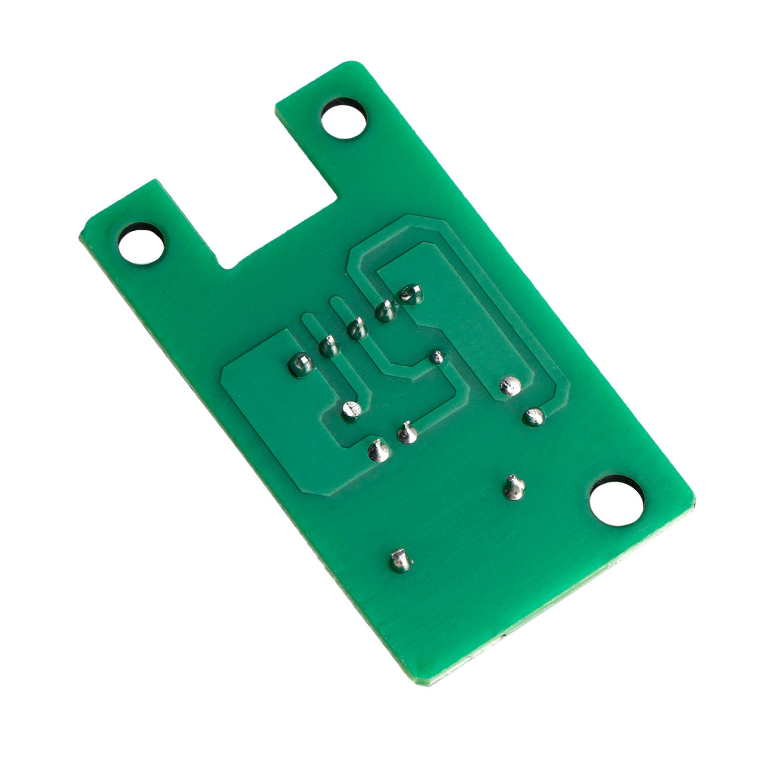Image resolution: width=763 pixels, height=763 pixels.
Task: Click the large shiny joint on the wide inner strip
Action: (x=509, y=385)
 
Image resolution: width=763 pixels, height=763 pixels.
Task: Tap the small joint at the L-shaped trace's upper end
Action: (x=437, y=357)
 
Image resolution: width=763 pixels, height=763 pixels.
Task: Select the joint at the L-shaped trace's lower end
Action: (x=407, y=433)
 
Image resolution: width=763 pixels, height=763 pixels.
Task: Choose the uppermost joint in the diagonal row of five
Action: (x=411, y=295)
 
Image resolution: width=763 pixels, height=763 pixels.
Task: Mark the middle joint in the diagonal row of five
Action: (x=357, y=328)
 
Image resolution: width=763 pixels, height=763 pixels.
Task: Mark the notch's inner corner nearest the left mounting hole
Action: (x=224, y=267)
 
